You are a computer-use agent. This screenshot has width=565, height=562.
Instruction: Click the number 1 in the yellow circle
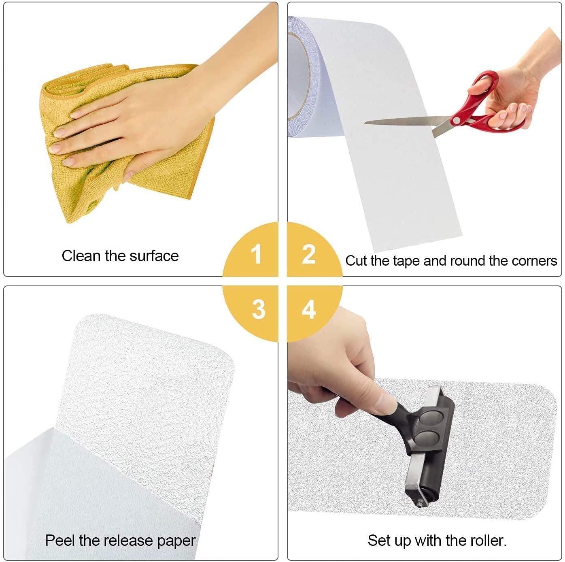click(x=256, y=254)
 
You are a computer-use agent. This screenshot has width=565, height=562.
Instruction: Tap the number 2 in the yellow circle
click(x=309, y=254)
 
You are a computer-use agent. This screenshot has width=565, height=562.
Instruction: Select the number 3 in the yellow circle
click(x=258, y=309)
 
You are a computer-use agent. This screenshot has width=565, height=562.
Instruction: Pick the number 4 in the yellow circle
click(x=309, y=309)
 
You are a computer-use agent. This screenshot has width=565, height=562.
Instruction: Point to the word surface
click(x=154, y=255)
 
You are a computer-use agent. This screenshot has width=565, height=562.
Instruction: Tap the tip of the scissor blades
click(x=365, y=122)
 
